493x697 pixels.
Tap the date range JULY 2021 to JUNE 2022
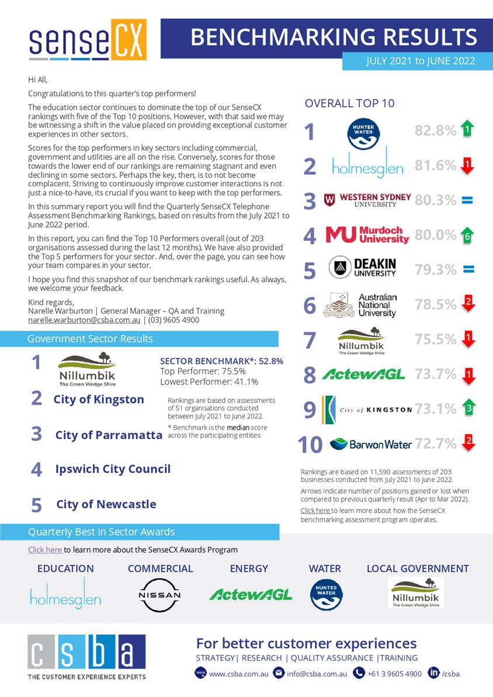click(421, 61)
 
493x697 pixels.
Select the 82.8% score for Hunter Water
click(435, 130)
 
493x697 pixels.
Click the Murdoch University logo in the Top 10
click(367, 235)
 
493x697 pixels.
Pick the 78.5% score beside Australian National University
click(435, 304)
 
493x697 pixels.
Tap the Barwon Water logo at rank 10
click(371, 445)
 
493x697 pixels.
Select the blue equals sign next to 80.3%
click(467, 200)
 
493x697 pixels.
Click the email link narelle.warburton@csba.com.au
click(84, 320)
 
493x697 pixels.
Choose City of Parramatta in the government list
click(109, 435)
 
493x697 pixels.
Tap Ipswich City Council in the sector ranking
click(113, 469)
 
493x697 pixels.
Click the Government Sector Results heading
click(90, 339)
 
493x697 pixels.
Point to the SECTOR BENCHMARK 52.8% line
click(221, 361)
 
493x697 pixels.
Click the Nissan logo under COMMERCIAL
click(159, 595)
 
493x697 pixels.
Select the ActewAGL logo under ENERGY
click(251, 595)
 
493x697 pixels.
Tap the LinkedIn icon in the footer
click(433, 673)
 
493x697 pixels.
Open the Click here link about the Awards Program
click(45, 550)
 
